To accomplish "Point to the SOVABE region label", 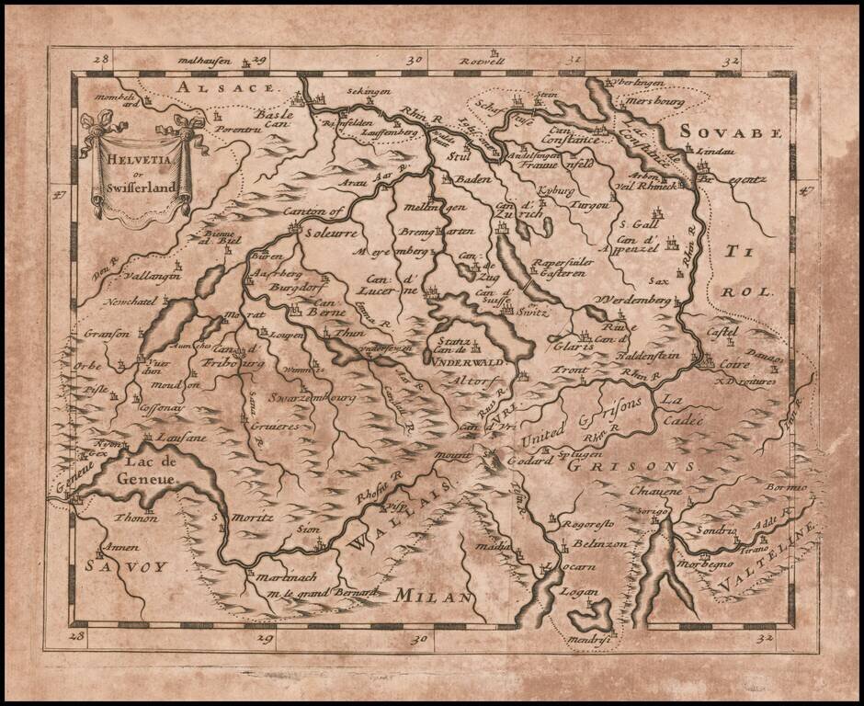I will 732,132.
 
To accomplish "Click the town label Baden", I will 473,178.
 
